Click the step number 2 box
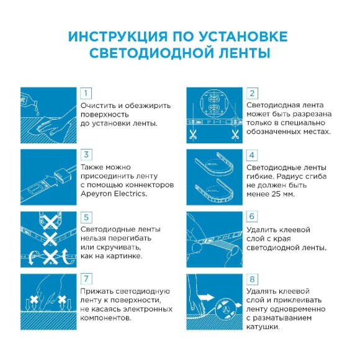click(252, 93)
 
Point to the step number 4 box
click(252, 155)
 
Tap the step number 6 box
click(252, 217)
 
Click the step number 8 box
click(252, 279)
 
